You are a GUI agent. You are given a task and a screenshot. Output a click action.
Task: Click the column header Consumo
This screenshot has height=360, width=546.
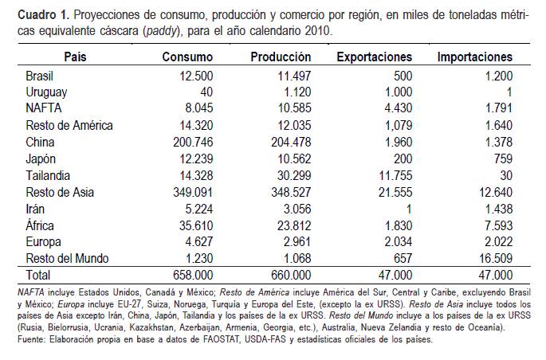(x=187, y=58)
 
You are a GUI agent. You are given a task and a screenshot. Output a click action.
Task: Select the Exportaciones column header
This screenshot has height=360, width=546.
(x=375, y=58)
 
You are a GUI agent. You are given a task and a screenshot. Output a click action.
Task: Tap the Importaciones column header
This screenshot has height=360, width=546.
(x=475, y=58)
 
